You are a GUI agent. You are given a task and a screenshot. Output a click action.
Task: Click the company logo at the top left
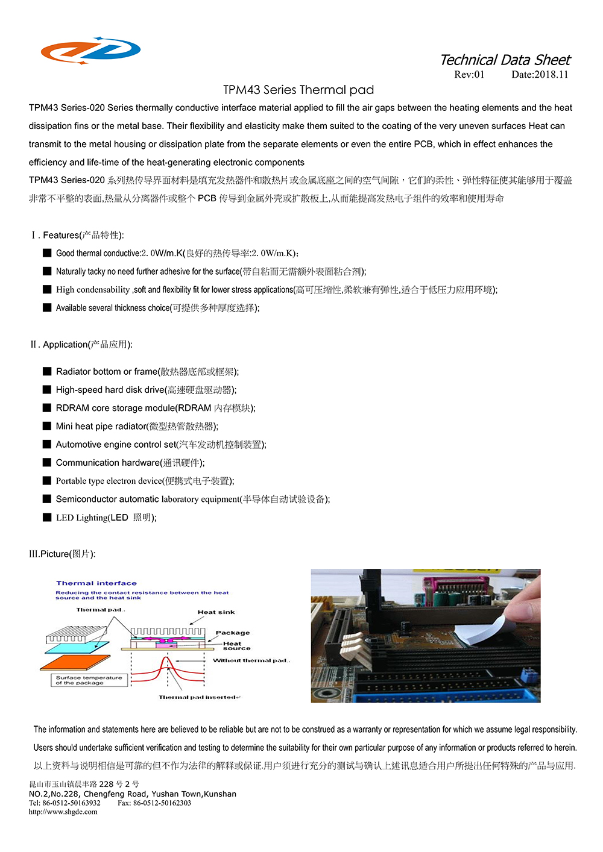[90, 51]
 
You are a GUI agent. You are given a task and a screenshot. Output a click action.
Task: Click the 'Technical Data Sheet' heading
[505, 60]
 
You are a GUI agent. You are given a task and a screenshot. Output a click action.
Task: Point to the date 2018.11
[540, 75]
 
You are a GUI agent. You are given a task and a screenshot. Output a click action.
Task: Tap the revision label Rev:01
[469, 75]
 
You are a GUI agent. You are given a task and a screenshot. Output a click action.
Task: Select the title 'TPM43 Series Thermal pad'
[298, 90]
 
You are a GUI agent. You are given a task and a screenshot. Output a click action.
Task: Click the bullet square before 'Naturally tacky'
[47, 271]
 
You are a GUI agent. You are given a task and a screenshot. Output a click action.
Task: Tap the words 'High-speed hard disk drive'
[110, 390]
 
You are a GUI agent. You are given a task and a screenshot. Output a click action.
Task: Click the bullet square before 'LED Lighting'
[47, 517]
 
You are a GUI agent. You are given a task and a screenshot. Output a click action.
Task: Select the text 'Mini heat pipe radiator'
[101, 426]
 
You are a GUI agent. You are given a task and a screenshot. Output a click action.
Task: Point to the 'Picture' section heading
[62, 554]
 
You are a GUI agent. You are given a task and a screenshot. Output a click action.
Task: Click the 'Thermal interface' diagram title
[96, 583]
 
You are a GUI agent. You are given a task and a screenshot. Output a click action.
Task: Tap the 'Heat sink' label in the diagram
[216, 612]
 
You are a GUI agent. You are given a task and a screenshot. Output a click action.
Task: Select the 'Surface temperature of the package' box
[89, 680]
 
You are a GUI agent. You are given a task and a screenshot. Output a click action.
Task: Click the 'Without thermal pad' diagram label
[251, 660]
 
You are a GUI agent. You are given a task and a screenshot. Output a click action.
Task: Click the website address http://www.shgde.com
[63, 812]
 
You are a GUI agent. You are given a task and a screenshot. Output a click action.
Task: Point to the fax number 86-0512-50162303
[154, 803]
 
